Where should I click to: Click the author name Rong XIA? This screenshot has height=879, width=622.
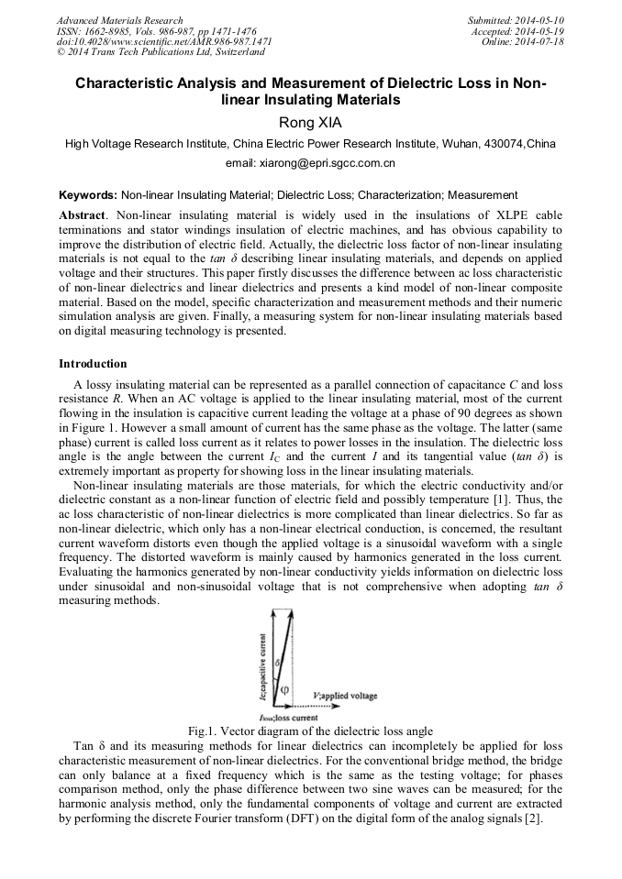tap(310, 121)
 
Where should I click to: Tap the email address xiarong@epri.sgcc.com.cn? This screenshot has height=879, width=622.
tap(310, 164)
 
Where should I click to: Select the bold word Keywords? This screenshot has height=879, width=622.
tap(87, 195)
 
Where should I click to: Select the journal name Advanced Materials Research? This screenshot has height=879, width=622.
tap(119, 20)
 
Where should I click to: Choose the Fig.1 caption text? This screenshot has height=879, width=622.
tap(310, 731)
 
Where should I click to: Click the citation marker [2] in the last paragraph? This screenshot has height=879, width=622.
tap(534, 820)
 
